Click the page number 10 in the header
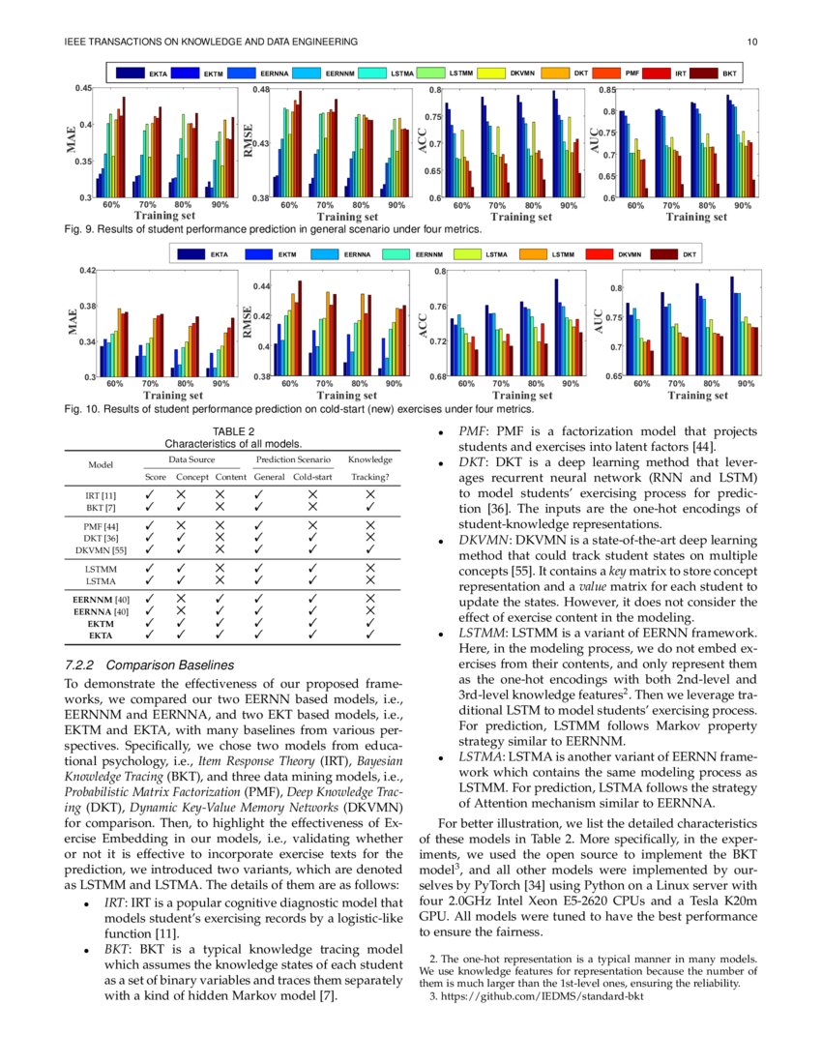tap(751, 42)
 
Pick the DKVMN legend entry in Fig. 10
tap(630, 253)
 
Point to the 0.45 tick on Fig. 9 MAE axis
tap(85, 89)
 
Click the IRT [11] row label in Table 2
tap(102, 493)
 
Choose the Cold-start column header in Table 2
tap(312, 477)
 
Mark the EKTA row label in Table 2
tap(102, 635)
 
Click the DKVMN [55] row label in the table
tap(102, 549)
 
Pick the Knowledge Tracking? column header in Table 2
tap(370, 468)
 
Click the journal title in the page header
tap(211, 42)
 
